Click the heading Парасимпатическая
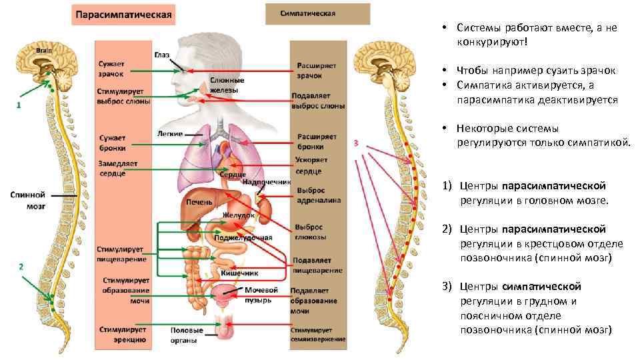tap(123, 14)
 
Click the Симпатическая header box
tap(317, 13)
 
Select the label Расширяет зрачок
tap(316, 70)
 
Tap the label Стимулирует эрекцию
tap(123, 334)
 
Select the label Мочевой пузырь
tap(261, 295)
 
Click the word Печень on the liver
tap(199, 202)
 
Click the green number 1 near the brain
tap(19, 105)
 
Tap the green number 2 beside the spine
tap(21, 266)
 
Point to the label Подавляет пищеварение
tap(317, 265)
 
